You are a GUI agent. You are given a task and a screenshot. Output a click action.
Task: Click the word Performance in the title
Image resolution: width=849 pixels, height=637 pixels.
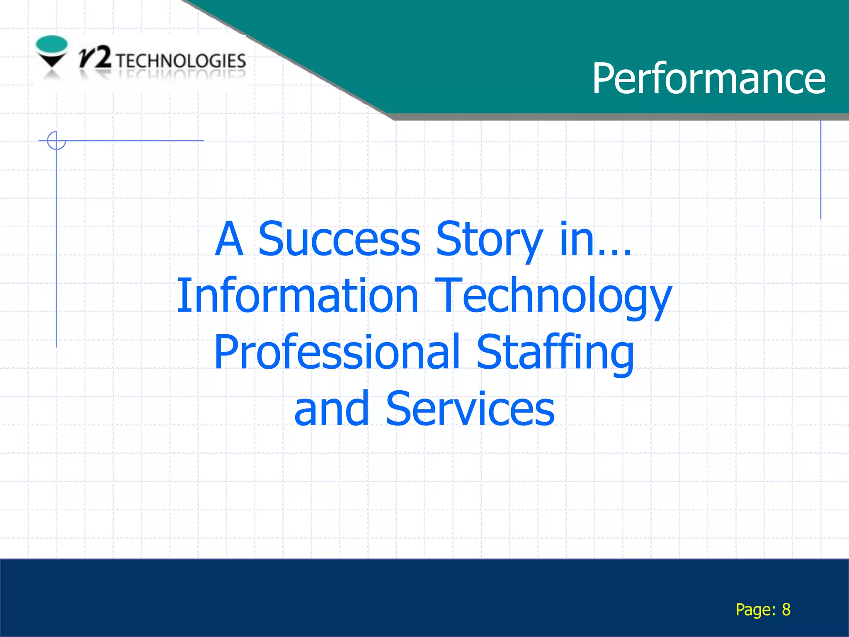[708, 78]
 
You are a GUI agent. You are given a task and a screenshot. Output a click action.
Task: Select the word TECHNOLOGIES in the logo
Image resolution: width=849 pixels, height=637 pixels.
[181, 61]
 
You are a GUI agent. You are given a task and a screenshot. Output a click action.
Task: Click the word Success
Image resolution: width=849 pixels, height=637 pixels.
[340, 239]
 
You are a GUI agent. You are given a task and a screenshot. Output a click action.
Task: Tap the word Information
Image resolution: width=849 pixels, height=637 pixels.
[298, 295]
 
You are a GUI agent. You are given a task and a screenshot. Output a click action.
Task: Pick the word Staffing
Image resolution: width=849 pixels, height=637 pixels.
[555, 353]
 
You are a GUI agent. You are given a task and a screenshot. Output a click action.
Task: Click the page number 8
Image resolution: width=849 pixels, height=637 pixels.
[786, 610]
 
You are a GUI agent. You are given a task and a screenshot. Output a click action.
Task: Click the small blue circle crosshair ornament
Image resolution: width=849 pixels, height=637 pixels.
[56, 140]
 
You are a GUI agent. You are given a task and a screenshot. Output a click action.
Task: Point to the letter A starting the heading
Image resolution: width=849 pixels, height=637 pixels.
[229, 239]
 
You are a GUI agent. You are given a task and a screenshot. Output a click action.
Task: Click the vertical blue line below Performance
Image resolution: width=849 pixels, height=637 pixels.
[820, 170]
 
